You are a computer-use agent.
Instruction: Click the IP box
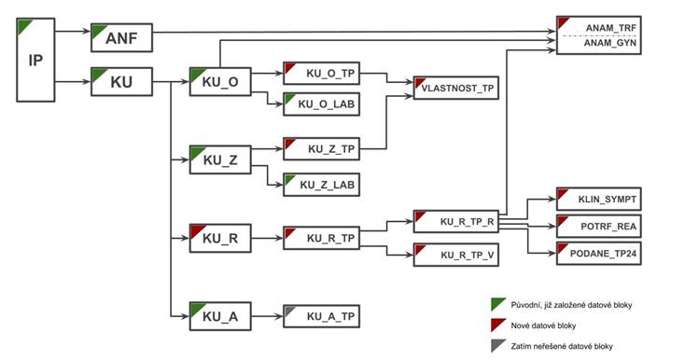[x=35, y=60]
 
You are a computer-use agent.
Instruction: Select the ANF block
[x=121, y=38]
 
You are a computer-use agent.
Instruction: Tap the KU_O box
[x=220, y=81]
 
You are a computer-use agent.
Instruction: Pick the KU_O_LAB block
[x=322, y=104]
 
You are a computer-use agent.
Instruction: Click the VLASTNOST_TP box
[x=456, y=88]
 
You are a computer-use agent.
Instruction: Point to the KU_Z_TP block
[x=322, y=149]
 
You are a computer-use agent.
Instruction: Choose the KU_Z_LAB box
[x=322, y=185]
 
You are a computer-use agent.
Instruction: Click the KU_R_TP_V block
[x=456, y=255]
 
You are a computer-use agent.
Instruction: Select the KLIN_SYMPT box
[x=599, y=199]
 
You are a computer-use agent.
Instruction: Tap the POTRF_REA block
[x=599, y=226]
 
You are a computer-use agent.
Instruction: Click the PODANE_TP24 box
[x=599, y=253]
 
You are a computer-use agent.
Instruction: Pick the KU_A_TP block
[x=322, y=316]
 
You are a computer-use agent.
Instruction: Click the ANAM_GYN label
[x=610, y=43]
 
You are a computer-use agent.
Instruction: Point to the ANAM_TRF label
[x=611, y=28]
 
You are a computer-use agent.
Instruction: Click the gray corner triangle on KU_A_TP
[x=288, y=311]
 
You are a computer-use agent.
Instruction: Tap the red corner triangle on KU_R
[x=196, y=230]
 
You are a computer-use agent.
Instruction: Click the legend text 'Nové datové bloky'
[x=543, y=325]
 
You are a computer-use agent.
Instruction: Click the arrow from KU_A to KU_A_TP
[x=267, y=316]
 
